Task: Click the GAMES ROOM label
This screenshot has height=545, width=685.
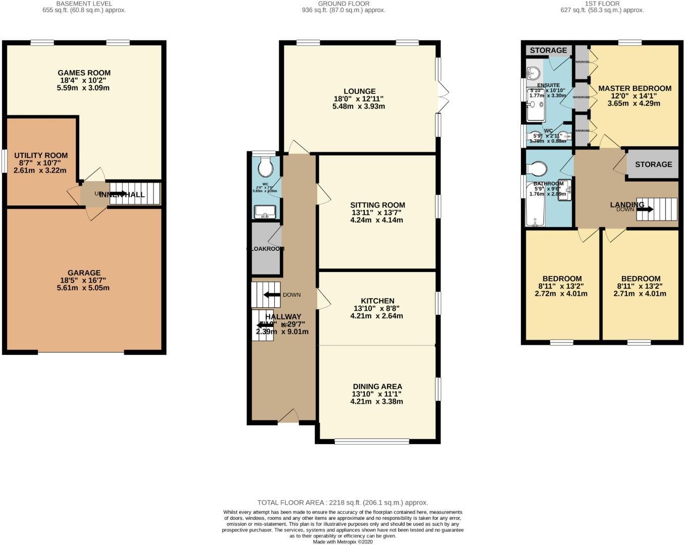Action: (x=84, y=73)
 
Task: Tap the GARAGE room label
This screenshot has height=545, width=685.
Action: (x=84, y=273)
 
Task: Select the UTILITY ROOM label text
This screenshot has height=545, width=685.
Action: (x=41, y=155)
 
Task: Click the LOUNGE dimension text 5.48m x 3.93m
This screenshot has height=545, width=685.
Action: (x=359, y=106)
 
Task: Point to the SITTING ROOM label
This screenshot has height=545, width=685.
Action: (x=377, y=205)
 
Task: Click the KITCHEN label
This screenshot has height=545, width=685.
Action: (x=377, y=301)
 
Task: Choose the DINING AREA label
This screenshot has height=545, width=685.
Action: (x=377, y=387)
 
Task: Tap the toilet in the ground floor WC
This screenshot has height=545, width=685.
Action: (x=265, y=166)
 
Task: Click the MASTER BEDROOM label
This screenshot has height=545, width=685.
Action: (x=634, y=88)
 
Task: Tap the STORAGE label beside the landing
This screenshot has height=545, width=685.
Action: (x=653, y=165)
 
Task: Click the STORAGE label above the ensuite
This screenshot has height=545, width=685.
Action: (x=548, y=50)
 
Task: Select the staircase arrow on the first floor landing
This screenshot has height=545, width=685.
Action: (x=645, y=209)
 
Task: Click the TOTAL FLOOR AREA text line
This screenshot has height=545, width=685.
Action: (x=342, y=503)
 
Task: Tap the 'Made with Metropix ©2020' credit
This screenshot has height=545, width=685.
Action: (x=342, y=541)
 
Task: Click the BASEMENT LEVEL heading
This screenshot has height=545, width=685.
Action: (x=84, y=4)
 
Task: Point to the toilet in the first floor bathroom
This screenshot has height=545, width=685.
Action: (x=537, y=168)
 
